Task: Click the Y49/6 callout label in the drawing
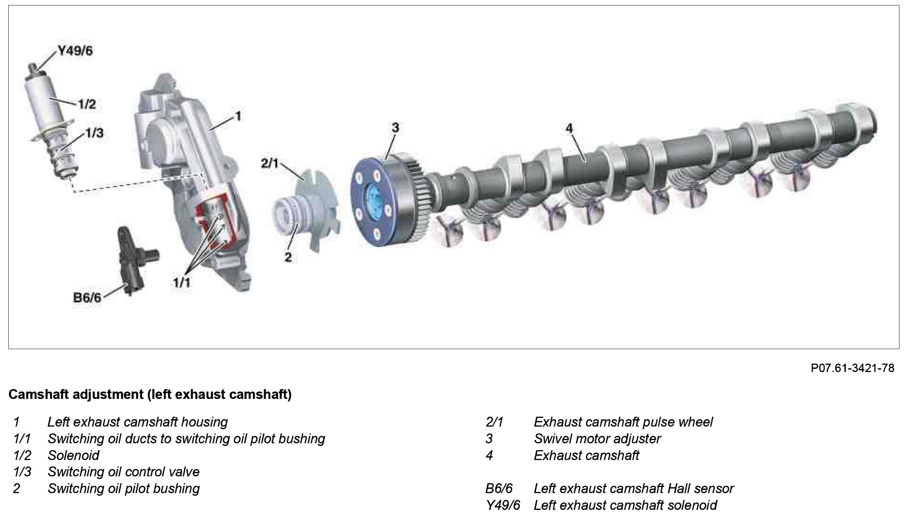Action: tap(75, 51)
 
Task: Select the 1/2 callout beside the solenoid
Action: tap(87, 104)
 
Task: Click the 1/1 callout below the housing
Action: tap(182, 282)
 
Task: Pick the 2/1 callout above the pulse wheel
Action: tap(270, 164)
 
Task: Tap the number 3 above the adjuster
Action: tap(395, 128)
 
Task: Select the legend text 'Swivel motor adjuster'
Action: tap(597, 439)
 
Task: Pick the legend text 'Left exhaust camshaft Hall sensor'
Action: tap(634, 488)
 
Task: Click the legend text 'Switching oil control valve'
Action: tap(124, 472)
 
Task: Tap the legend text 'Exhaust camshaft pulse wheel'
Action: tap(623, 422)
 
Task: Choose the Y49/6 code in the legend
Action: tap(503, 505)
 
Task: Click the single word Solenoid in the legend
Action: tap(74, 455)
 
